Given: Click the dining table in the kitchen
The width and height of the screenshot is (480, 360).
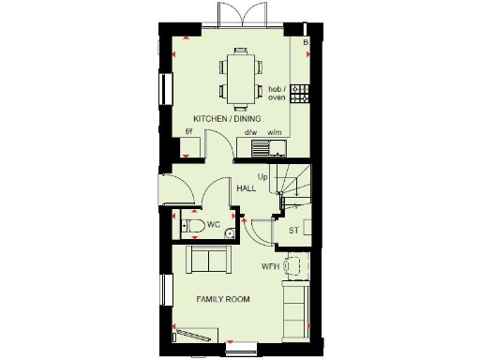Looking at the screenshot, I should pos(240,77).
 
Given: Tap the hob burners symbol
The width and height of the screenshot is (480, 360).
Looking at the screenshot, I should pos(300,93).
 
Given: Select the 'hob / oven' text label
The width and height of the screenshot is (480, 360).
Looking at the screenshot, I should pos(277,92).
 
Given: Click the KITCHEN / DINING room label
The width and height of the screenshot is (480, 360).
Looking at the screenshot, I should pos(227,119).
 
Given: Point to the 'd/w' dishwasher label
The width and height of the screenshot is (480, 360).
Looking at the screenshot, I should pos(251,132).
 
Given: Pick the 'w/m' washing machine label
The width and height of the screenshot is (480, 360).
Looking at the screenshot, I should pos(275,132).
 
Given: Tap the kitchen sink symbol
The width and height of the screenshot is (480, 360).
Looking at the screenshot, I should pos(251,145).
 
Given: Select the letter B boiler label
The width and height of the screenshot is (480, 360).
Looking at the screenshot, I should pos(305,41).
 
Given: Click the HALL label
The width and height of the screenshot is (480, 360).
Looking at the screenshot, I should pos(247,188).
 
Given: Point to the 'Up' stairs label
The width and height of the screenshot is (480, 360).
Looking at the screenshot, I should pos(263,176).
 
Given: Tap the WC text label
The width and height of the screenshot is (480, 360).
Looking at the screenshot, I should pos(214,225).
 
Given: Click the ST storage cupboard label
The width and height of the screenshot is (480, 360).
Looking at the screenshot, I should pos(293,231).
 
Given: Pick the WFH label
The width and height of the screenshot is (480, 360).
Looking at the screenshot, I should pos(271,265).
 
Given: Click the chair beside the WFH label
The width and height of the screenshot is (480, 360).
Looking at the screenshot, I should pos(293,265).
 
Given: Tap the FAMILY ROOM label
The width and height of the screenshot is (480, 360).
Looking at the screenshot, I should pos(223,299).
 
